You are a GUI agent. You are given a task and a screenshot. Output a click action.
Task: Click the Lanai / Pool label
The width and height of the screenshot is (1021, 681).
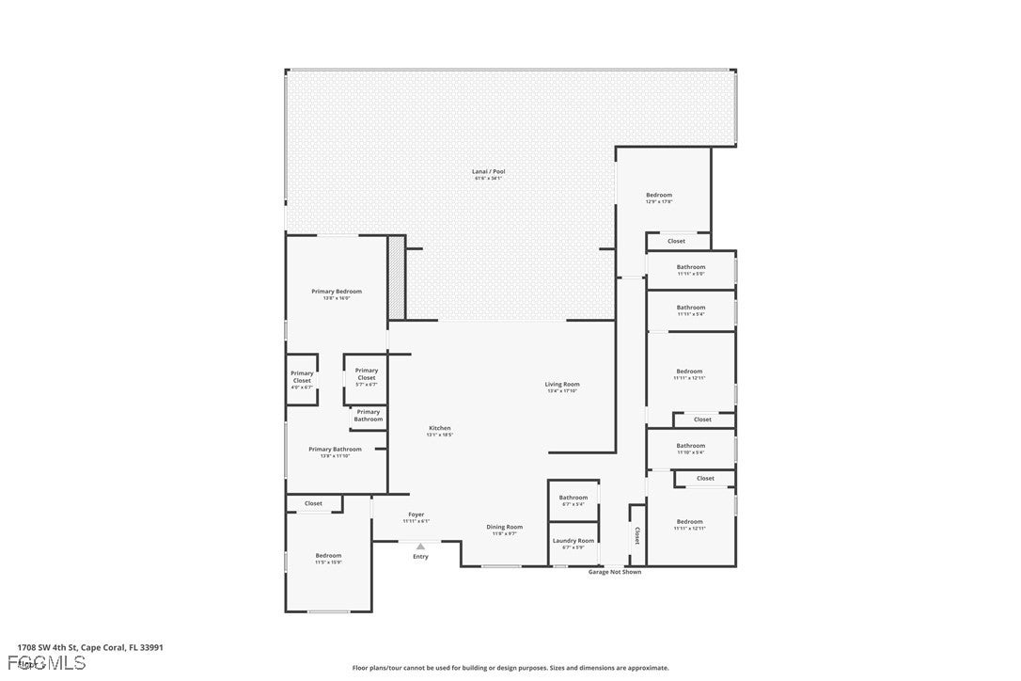coord(488,172)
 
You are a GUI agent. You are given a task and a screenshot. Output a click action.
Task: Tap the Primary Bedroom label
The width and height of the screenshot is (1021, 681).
coord(337,292)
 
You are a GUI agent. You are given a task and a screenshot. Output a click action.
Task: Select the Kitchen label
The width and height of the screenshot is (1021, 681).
coord(439,428)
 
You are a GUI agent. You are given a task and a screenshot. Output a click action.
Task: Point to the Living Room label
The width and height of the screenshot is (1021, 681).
coord(562,384)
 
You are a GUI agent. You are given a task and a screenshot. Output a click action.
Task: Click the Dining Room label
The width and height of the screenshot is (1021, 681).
coord(504,527)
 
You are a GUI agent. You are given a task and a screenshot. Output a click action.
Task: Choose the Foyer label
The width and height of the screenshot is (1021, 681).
coord(416,515)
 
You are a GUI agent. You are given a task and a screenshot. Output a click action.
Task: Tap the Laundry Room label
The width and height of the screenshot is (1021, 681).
coord(573,541)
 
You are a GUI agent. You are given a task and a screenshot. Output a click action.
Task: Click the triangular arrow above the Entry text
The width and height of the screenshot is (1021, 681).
coord(420,546)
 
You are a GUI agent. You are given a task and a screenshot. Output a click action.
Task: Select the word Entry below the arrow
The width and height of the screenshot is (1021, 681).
coord(420,556)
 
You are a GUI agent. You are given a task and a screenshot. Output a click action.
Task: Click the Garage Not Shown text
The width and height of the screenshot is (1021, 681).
coord(615,572)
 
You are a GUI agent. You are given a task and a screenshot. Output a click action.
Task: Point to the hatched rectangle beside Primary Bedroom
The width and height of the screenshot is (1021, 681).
coord(397,277)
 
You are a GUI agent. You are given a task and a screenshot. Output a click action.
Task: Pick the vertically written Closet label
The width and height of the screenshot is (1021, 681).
coord(636,535)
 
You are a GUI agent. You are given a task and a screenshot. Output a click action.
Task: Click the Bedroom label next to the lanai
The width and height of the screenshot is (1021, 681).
coord(659,196)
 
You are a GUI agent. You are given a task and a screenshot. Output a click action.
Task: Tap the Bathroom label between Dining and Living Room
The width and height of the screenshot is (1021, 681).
coord(573,498)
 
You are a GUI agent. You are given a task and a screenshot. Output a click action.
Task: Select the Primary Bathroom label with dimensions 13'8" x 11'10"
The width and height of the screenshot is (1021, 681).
coord(335,450)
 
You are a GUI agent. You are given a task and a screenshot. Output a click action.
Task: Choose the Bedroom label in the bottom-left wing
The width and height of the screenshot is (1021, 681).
coord(328,556)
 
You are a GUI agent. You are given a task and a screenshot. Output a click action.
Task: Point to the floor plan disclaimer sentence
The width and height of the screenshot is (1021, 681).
coord(510,668)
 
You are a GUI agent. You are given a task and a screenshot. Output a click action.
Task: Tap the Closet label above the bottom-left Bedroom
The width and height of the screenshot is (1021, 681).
coord(313,503)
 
